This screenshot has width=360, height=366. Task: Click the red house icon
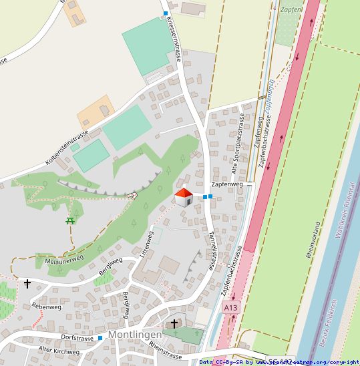point(184,197)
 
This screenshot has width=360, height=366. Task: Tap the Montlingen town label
point(135,334)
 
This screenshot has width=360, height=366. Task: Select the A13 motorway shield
point(230,307)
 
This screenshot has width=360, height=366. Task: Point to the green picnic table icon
point(70,220)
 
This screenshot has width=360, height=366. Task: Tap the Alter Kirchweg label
point(59,351)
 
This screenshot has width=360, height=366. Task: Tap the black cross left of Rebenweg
point(27,284)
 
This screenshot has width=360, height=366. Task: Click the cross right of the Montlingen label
point(174,324)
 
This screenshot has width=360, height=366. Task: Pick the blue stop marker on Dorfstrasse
point(100,338)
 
